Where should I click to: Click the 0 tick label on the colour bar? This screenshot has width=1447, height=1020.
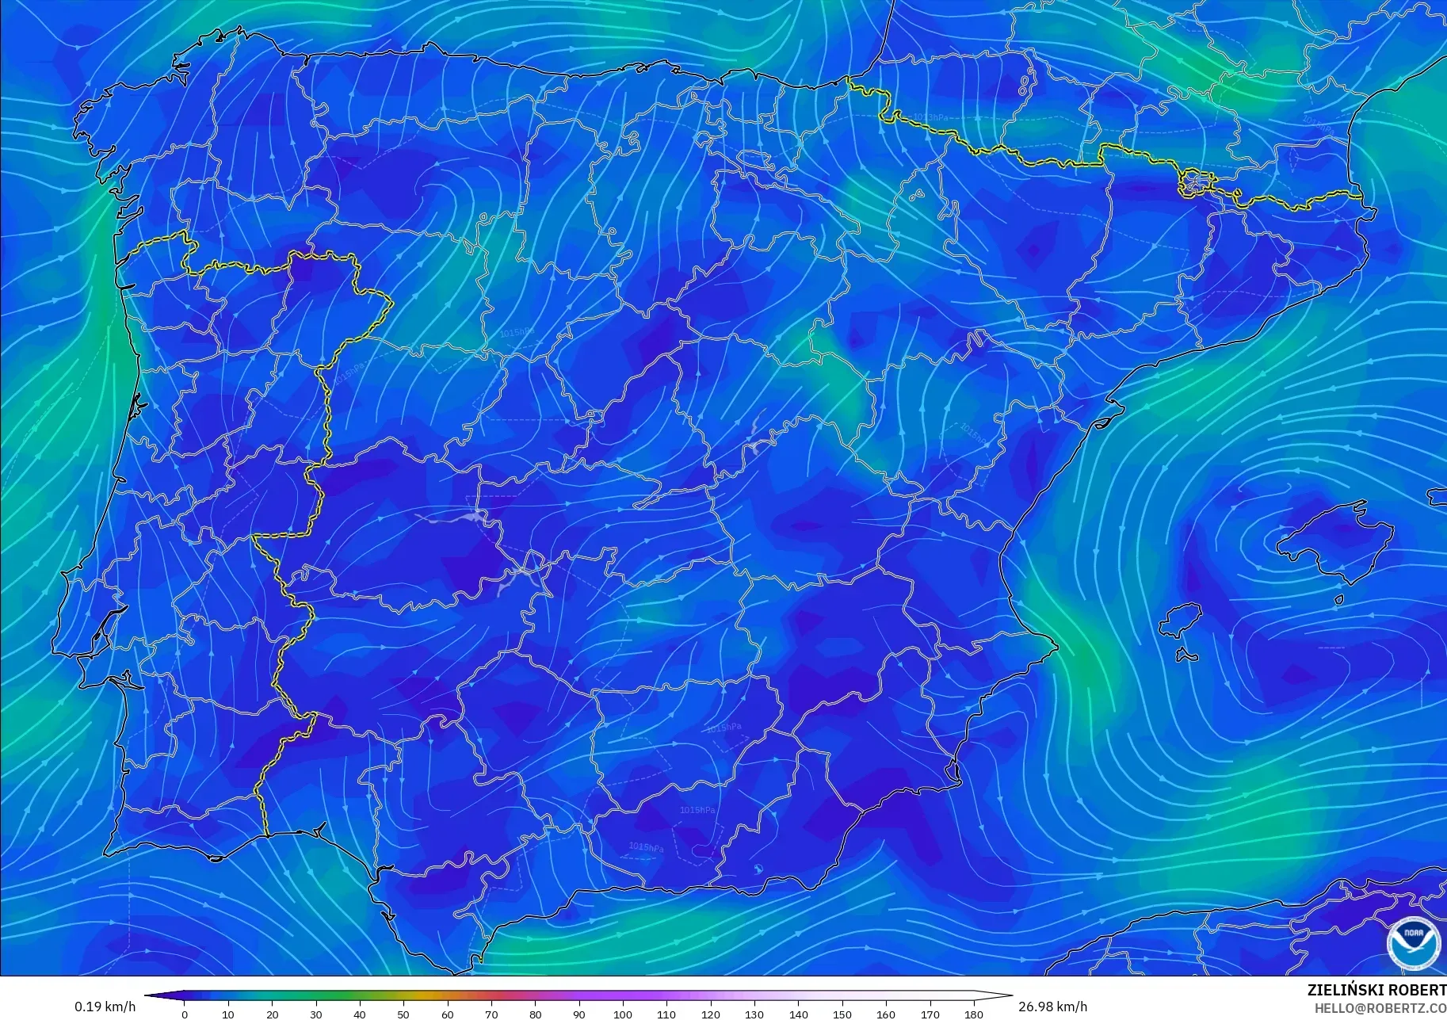coord(185,1014)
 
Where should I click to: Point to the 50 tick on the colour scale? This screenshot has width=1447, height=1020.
coord(403,1014)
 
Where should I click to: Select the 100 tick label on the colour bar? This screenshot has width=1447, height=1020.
coord(623,1014)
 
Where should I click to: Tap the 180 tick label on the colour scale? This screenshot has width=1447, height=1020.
coord(974,1014)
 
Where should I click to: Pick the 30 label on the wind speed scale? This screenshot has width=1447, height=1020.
coord(316,1014)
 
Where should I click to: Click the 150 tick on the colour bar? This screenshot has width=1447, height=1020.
coord(842,1014)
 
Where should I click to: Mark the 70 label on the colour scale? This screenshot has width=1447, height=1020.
coord(491,1014)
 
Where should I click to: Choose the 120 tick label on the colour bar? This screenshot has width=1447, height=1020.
coord(711,1014)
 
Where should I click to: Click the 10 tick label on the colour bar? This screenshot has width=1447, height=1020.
coord(228,1014)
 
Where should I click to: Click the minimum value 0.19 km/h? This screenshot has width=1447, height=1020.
coord(105,1007)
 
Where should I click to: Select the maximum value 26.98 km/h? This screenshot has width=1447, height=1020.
coord(1052,1007)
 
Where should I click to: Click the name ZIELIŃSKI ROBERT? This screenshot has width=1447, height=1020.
coord(1376,990)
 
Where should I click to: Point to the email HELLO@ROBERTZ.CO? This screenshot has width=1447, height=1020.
coord(1380,1008)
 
